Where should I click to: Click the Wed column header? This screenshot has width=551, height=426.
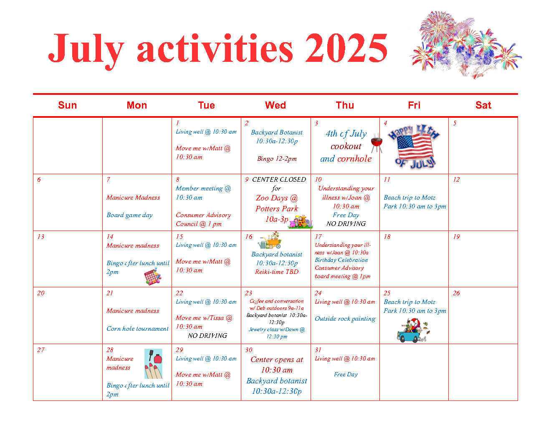click(275, 105)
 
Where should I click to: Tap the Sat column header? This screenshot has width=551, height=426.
click(483, 105)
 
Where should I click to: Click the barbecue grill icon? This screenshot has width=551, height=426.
click(377, 144)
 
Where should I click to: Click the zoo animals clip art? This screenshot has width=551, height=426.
click(300, 222)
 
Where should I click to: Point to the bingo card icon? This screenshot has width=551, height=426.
click(153, 277)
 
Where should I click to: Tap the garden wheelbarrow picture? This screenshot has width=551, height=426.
click(270, 240)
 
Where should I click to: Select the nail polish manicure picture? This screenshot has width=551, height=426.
click(153, 364)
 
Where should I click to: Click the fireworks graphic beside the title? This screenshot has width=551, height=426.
click(465, 44)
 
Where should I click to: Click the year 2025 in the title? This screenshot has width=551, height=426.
click(346, 48)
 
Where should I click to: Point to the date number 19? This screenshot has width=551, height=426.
click(456, 237)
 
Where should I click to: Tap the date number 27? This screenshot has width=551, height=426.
click(40, 350)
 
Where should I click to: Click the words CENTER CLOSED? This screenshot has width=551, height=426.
click(279, 180)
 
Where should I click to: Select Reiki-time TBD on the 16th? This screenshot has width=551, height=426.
click(277, 272)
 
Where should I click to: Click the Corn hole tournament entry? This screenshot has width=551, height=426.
click(137, 329)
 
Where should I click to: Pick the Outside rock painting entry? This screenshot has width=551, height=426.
click(345, 319)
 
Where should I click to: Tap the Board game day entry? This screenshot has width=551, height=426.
click(129, 215)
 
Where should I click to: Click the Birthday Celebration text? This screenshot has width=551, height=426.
click(341, 260)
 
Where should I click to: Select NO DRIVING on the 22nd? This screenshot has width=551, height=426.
click(207, 336)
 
